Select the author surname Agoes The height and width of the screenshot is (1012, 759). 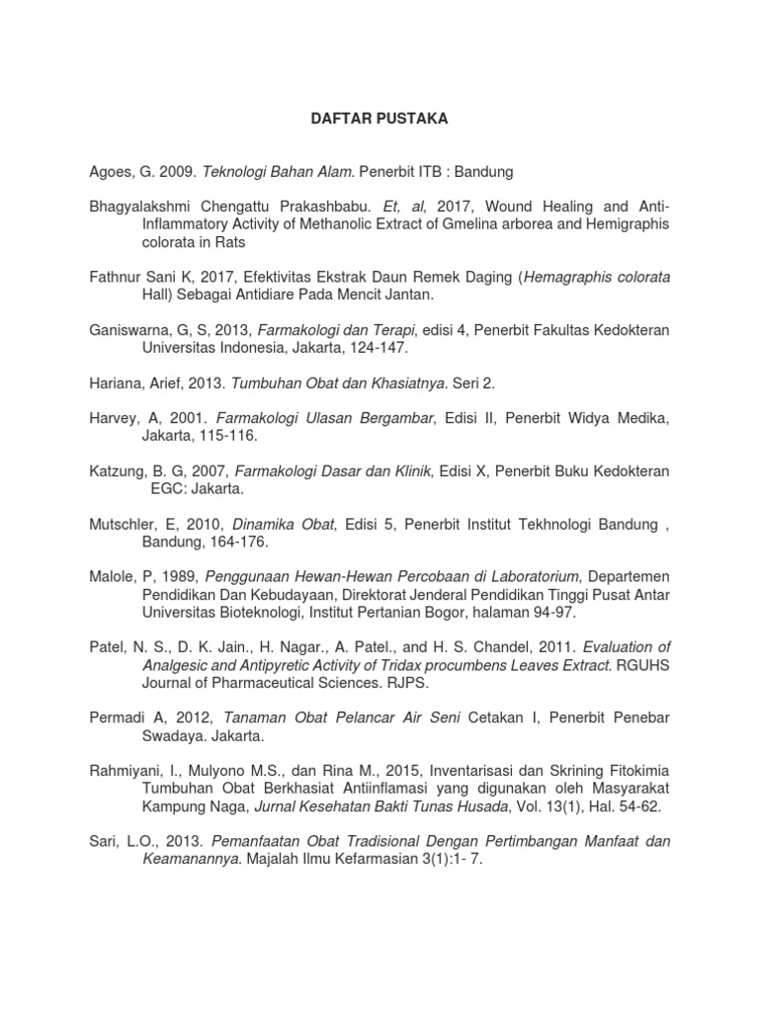pos(109,172)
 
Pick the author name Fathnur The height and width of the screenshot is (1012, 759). pos(117,278)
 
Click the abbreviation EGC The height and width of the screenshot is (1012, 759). pos(166,489)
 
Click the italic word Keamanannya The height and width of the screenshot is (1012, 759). pos(190,860)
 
